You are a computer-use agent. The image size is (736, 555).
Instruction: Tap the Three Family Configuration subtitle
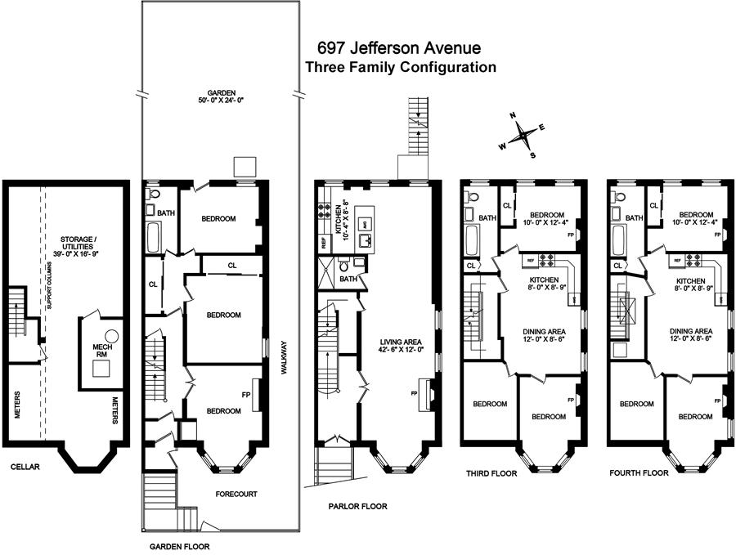(x=400, y=68)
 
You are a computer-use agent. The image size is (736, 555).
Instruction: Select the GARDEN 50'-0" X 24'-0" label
(x=216, y=96)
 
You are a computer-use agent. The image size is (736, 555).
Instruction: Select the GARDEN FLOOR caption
(x=180, y=544)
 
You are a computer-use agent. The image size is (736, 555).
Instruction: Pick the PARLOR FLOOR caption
(x=357, y=507)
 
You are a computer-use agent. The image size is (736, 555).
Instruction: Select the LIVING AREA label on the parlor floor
(x=402, y=347)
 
